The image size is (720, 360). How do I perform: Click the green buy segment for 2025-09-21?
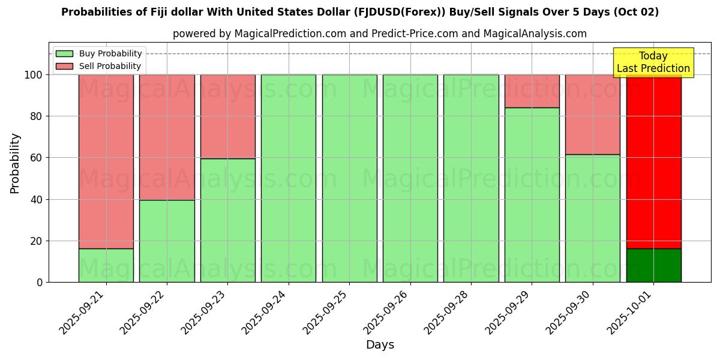point(106,265)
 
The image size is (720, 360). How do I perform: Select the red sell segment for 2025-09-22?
point(167,137)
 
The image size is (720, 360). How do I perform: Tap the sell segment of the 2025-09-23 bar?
point(228,116)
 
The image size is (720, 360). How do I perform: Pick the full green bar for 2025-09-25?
point(349,178)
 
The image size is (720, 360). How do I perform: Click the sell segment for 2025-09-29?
point(532,91)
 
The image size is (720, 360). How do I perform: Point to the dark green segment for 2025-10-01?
point(653,265)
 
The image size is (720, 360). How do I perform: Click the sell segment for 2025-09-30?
point(592,115)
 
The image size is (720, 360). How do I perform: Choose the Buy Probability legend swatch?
point(64,53)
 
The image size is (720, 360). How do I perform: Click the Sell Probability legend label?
point(110,66)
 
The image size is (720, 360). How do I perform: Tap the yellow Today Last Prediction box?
point(653,62)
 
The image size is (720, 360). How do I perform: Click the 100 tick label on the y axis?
point(34,75)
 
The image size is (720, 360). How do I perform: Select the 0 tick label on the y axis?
point(40,283)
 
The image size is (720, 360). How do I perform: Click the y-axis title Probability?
point(15,163)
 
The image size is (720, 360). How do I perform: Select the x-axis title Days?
point(380,345)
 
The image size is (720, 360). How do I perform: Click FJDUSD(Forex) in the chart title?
point(488,12)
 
